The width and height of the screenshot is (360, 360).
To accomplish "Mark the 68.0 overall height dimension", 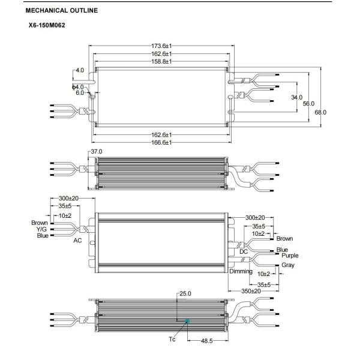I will tap(325, 112).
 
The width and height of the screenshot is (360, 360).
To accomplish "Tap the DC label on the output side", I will tap(244, 251).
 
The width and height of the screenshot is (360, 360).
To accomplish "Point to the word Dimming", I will tap(241, 271).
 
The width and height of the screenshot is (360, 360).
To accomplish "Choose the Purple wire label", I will tap(287, 255).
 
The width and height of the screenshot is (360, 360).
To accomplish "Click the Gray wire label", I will tap(289, 265).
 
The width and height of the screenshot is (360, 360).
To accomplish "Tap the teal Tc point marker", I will tap(188, 321).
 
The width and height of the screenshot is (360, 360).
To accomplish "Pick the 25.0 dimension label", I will tap(185, 294).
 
